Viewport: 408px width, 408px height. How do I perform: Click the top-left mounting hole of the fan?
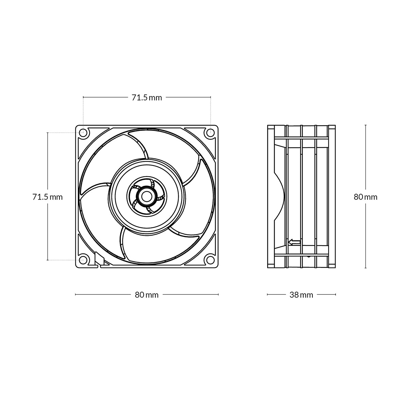pos(83,133)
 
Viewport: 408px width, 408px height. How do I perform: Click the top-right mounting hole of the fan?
pos(210,133)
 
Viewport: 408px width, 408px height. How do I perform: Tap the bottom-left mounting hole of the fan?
pos(83,260)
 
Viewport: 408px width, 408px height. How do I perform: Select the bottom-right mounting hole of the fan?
pos(210,260)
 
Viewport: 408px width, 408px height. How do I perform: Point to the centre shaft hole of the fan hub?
pos(147,197)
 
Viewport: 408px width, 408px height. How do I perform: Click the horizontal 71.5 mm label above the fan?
pos(147,98)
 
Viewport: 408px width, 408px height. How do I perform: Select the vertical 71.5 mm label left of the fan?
pos(48,197)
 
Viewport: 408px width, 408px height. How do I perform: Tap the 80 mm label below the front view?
pos(147,295)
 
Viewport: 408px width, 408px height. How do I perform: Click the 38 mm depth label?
pos(301,295)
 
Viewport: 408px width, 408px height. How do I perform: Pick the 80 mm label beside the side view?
pos(365,197)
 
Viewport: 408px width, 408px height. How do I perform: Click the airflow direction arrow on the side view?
pos(294,242)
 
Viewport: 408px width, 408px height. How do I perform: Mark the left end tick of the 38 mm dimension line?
pos(268,294)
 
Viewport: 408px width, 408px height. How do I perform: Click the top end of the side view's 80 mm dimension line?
pos(365,125)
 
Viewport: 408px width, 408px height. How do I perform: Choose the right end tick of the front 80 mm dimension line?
pos(218,294)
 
